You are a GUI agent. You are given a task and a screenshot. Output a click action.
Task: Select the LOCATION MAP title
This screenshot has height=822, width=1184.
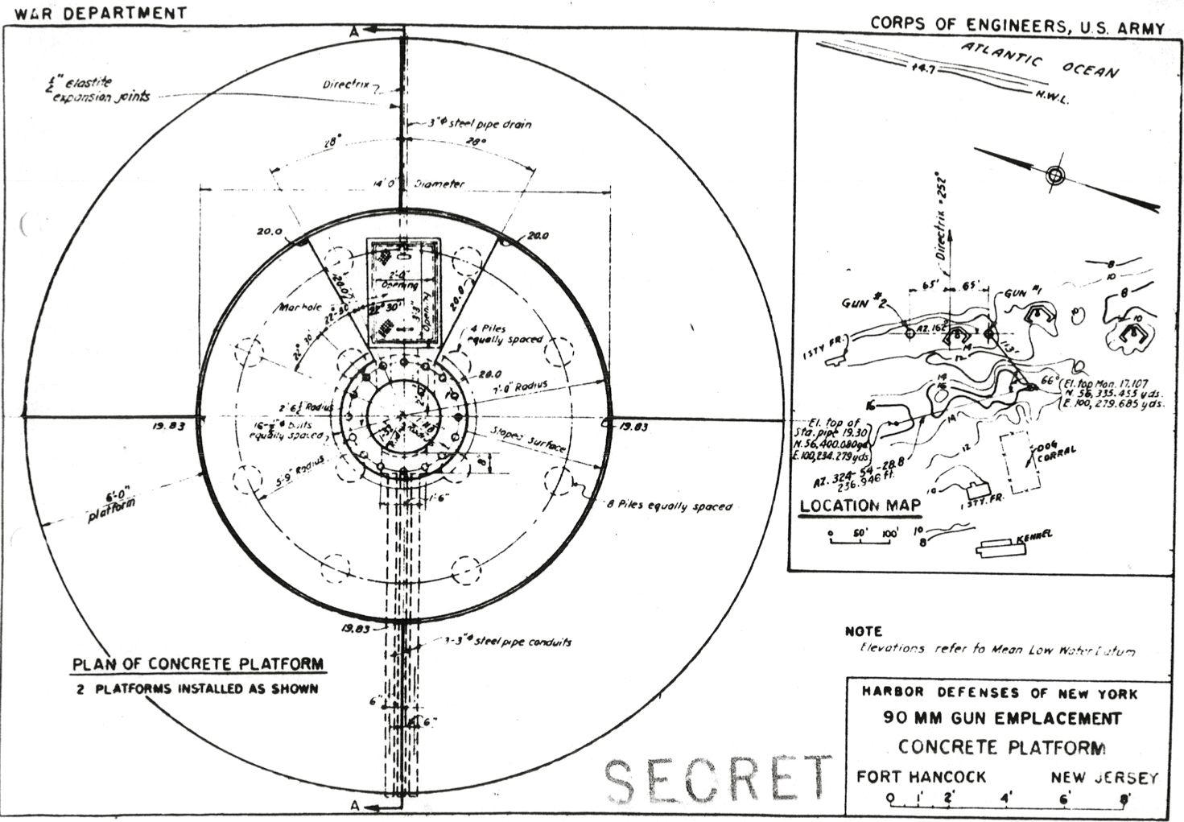(860, 506)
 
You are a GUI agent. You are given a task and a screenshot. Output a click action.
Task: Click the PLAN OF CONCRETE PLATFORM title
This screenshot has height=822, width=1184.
(198, 664)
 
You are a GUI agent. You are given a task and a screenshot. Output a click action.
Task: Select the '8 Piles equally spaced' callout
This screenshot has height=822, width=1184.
(670, 506)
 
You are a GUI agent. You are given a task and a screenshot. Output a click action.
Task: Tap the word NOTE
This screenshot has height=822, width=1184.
(863, 631)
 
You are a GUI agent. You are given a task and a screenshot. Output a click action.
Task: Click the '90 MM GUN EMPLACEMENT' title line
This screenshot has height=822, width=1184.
(1001, 718)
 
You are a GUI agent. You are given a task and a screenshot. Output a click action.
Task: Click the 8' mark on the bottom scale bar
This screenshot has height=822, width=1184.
(1124, 799)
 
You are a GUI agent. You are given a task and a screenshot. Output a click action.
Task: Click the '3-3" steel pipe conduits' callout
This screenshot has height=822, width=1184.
(510, 642)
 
